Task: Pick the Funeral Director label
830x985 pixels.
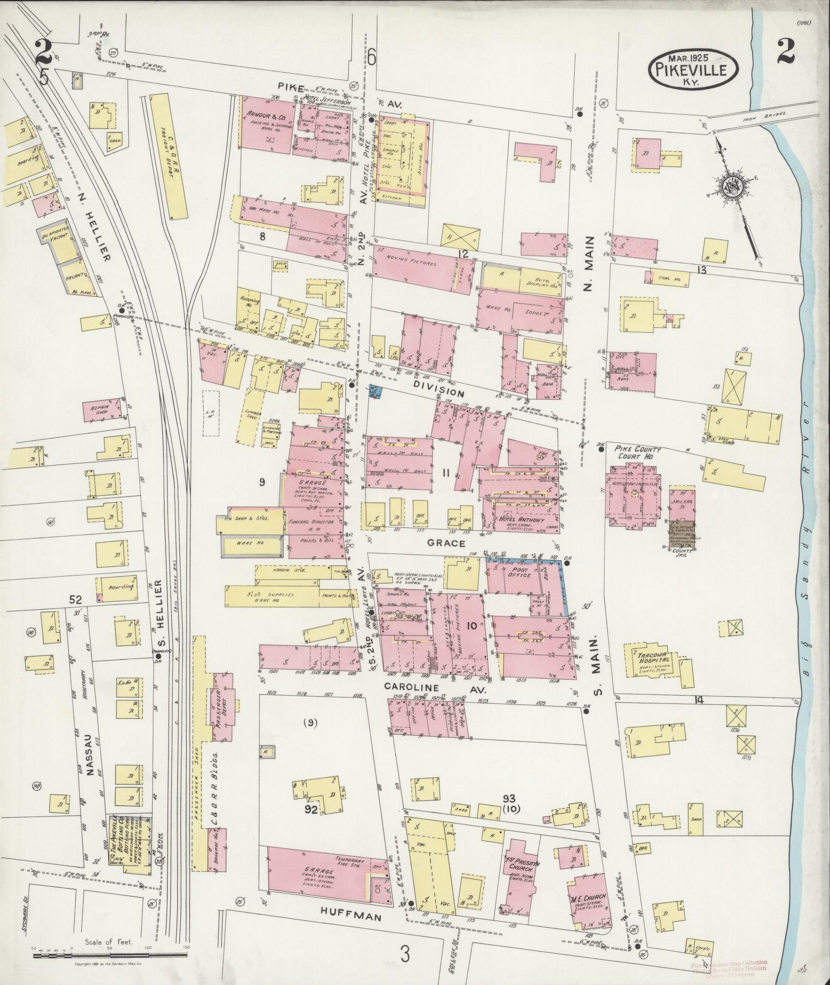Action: coord(316,521)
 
